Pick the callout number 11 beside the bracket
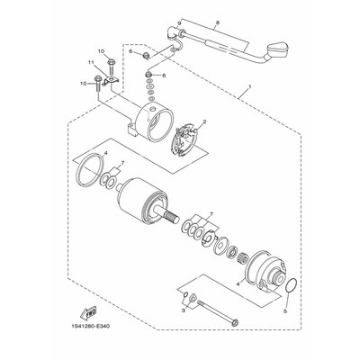click(90, 62)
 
